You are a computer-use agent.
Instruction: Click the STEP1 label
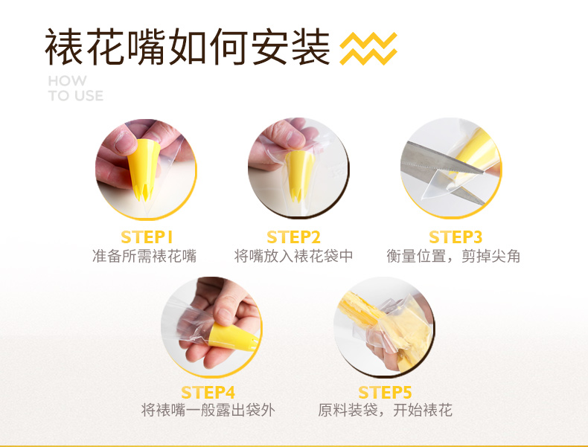click(x=147, y=237)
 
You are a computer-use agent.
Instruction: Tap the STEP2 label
click(x=293, y=237)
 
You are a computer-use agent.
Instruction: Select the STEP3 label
click(x=456, y=237)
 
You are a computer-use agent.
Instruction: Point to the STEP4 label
click(x=208, y=392)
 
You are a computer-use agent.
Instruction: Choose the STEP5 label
click(x=385, y=392)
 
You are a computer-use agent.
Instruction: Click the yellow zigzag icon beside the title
click(x=368, y=48)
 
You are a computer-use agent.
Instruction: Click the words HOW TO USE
click(x=75, y=89)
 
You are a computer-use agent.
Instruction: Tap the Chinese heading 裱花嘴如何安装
click(x=187, y=47)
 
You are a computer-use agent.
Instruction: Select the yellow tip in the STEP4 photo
click(x=232, y=337)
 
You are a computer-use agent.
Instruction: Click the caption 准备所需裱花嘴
click(x=144, y=257)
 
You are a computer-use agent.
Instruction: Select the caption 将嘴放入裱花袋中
click(x=293, y=257)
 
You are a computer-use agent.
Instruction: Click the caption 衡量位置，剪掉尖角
click(x=453, y=257)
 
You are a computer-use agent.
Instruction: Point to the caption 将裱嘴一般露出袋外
click(x=208, y=411)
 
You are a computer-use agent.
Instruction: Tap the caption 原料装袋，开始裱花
click(x=385, y=411)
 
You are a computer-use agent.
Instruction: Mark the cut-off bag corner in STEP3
click(x=438, y=184)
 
